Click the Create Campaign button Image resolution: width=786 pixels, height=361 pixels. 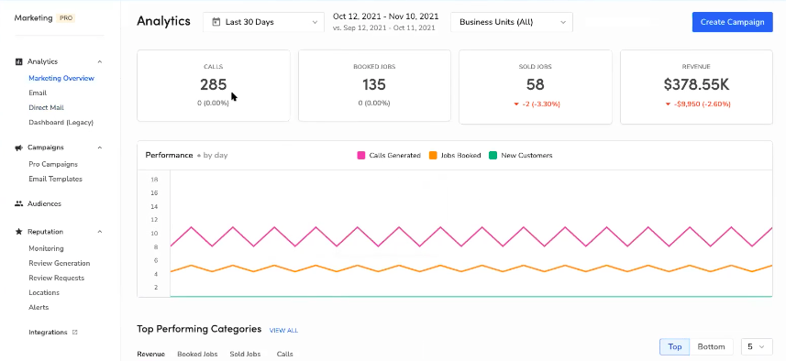[732, 22]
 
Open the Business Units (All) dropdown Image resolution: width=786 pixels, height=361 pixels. [512, 22]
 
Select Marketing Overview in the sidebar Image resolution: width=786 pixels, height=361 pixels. [61, 78]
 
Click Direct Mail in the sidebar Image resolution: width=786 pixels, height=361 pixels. [46, 107]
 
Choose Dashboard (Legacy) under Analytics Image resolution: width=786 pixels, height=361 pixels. [61, 122]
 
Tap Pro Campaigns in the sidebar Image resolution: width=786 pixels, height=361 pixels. [52, 164]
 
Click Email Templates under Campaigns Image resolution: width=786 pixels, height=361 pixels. [55, 179]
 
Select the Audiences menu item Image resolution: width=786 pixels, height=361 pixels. [45, 203]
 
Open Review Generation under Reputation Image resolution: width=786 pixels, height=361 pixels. [60, 263]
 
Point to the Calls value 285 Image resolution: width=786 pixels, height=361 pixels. [213, 85]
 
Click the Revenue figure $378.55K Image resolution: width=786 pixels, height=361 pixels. [695, 85]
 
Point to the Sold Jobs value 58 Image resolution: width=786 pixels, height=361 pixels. [535, 85]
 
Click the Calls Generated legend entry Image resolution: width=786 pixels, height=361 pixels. [389, 156]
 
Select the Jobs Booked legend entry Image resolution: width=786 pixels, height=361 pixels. [455, 156]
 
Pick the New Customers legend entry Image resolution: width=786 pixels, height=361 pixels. [521, 156]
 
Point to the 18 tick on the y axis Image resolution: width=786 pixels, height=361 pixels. [154, 180]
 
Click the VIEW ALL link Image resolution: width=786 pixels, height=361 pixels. [283, 330]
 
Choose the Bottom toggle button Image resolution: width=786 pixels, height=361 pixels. [711, 346]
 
